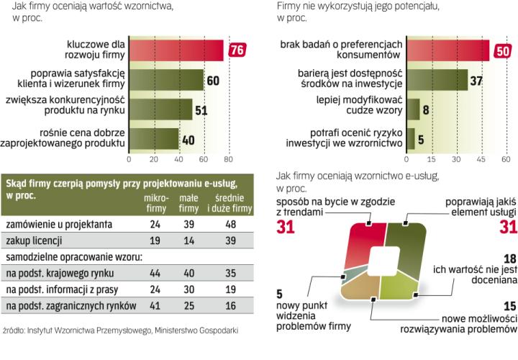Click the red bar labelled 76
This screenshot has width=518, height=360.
(176, 50)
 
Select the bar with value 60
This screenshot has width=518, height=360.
(166, 79)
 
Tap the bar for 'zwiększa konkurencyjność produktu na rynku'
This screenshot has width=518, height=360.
(160, 109)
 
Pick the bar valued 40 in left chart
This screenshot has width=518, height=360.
(153, 138)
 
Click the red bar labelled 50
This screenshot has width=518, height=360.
(447, 50)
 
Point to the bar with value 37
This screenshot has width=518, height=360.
(437, 79)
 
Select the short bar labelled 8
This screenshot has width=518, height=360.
(412, 109)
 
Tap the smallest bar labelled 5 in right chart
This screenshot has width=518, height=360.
(410, 138)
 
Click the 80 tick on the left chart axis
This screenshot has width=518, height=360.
(228, 158)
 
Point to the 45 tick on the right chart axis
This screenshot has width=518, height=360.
(480, 158)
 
